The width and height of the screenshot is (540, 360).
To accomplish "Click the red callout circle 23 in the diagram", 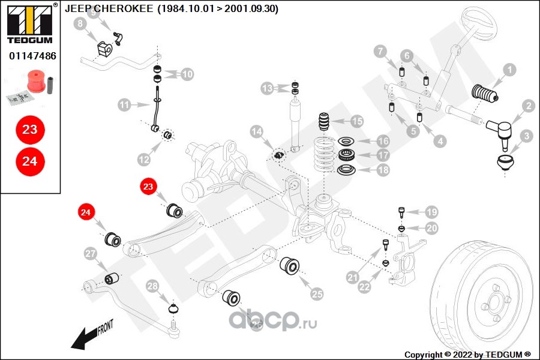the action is click(148, 187).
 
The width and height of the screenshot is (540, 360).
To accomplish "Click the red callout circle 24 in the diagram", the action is click(86, 212).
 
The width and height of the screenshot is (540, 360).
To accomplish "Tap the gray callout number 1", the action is click(509, 70).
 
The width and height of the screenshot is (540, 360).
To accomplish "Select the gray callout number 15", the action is click(357, 121).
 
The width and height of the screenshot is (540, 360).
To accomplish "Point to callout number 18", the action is click(382, 170).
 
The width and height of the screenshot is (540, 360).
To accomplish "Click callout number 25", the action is click(317, 293).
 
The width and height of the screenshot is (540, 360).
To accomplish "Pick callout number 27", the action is click(91, 254).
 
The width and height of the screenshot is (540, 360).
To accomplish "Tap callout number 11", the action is click(124, 106).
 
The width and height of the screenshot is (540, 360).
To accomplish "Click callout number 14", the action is click(257, 131).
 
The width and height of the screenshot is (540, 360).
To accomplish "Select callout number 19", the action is click(431, 212).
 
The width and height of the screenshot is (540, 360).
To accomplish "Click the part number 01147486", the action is click(32, 56).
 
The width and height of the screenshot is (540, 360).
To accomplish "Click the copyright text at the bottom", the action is click(467, 354).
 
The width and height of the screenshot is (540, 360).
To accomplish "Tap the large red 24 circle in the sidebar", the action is click(29, 161).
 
